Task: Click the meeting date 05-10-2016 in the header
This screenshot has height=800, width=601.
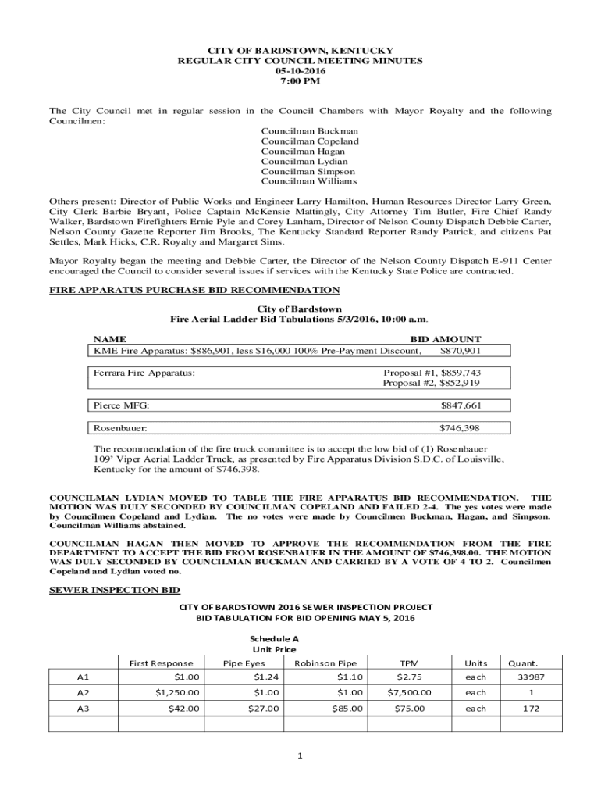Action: pos(300,70)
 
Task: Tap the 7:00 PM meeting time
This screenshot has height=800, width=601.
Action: pos(300,81)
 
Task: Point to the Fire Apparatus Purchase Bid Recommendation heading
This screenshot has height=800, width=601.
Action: pos(194,290)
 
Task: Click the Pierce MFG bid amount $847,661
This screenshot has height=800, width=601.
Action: pos(461,406)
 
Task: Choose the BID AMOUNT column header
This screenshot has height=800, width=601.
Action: pos(446,339)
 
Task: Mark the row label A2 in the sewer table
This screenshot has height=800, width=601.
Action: pos(84,693)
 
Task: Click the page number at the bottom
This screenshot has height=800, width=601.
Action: pos(300,755)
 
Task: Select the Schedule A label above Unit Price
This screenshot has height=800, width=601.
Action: pos(274,638)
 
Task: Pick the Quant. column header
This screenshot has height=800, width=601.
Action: pos(523,663)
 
